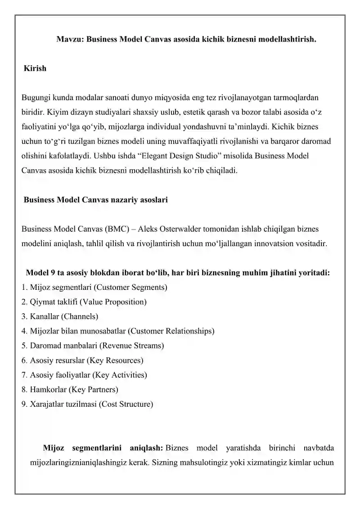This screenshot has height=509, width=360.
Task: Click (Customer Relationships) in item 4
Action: (x=171, y=331)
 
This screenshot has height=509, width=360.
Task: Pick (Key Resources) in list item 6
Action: (x=114, y=360)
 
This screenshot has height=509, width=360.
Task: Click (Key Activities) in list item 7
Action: (x=119, y=374)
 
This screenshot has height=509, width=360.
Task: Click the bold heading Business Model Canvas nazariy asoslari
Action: (x=95, y=199)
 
